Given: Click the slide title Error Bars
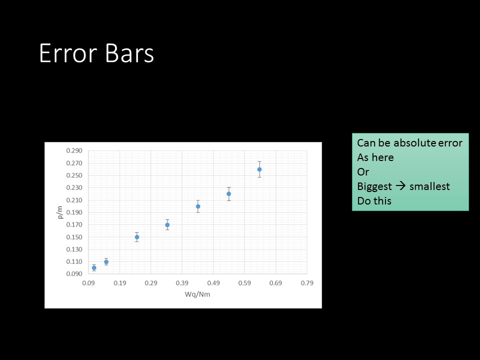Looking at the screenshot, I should click(96, 53).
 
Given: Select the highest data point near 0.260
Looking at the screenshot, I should click(259, 169).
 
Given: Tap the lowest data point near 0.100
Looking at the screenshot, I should click(94, 268).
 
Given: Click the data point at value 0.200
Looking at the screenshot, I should click(198, 206).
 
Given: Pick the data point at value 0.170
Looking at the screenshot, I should click(167, 225).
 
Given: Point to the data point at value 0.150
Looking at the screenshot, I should click(137, 237).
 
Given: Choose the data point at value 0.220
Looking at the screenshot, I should click(228, 194).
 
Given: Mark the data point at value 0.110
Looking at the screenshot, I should click(106, 261).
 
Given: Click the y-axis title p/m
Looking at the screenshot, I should click(59, 212).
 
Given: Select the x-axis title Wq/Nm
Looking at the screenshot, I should click(197, 294).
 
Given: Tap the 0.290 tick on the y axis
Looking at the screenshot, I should click(74, 150).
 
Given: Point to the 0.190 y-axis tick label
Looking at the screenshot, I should click(74, 212).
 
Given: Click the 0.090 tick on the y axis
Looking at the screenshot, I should click(74, 274).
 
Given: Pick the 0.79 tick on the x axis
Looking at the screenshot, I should click(307, 283).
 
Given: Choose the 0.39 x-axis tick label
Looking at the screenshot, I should click(182, 283).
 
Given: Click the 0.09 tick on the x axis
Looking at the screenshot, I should click(88, 283).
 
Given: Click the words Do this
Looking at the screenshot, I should click(374, 201).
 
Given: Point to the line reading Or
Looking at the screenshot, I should click(363, 172).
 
